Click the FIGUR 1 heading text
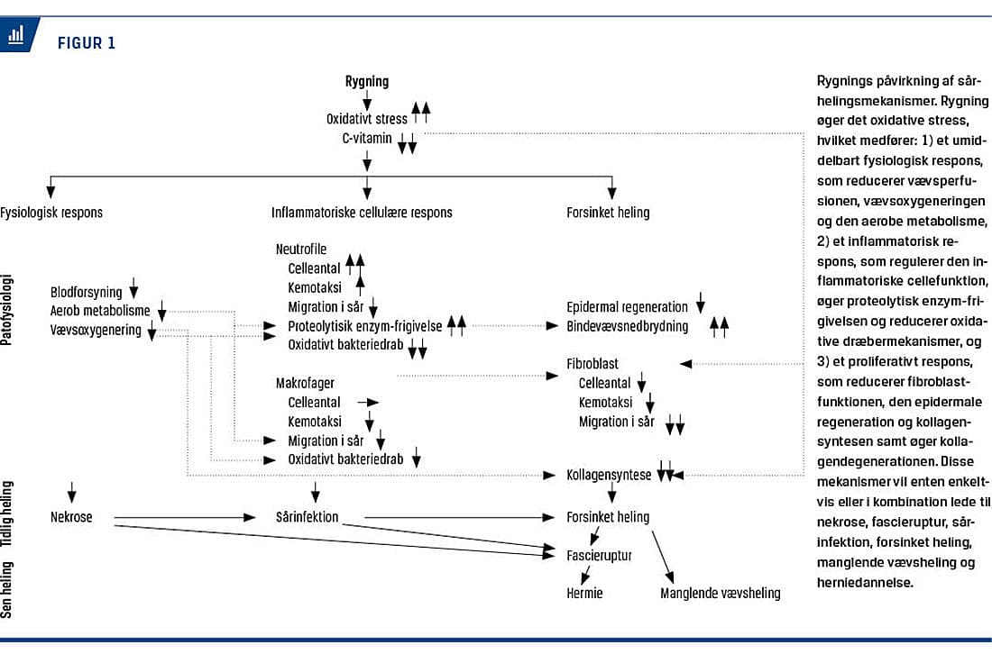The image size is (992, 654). (x=87, y=42)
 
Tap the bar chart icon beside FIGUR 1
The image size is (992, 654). (x=16, y=35)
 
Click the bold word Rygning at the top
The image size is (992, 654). (x=367, y=81)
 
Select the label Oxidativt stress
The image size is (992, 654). (x=367, y=118)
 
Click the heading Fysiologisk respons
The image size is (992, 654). (x=51, y=213)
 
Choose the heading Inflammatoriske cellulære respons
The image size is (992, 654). (x=362, y=213)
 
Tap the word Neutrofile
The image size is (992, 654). (x=301, y=249)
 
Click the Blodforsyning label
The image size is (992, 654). (x=87, y=292)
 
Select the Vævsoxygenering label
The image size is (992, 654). (x=96, y=330)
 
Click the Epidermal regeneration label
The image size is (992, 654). (x=627, y=307)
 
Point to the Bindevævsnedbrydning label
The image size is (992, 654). (x=627, y=326)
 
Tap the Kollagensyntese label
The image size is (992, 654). (x=609, y=474)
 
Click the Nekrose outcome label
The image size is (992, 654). (x=71, y=517)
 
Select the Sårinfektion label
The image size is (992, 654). (x=308, y=517)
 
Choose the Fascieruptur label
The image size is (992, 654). (x=599, y=555)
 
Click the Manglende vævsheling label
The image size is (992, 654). (x=720, y=593)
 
